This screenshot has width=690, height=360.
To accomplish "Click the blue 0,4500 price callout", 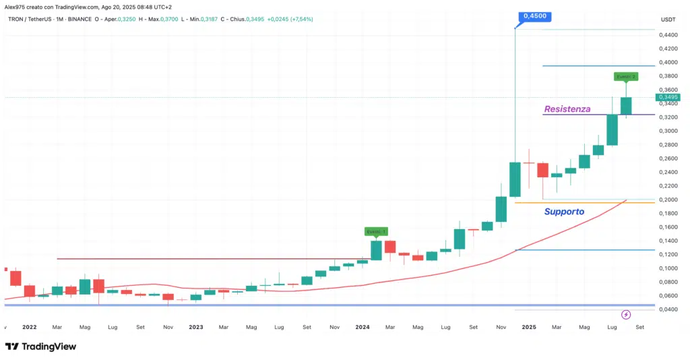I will coord(532,16).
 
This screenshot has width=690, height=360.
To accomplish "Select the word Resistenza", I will coord(567,109).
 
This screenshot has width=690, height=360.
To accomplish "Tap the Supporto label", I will coord(564,212).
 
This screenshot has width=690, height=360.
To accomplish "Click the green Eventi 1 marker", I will coord(376,231).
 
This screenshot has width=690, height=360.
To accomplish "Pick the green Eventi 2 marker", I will coord(625,76).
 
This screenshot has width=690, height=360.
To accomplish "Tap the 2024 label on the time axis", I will coord(362,327).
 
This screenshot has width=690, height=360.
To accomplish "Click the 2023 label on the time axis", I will coord(195,327).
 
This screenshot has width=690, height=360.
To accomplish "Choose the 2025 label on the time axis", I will coord(528,327).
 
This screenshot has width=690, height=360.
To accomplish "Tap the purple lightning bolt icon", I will coord(626,314).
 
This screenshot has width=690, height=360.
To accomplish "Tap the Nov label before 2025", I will coord(501,327).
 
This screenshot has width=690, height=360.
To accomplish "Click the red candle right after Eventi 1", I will coord(389,246).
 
